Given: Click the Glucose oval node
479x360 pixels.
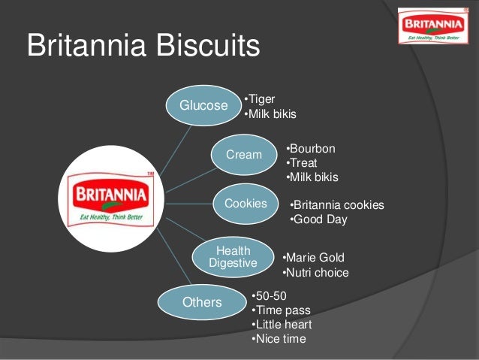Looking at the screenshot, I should click(x=203, y=106).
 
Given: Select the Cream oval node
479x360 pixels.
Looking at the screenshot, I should click(x=244, y=155).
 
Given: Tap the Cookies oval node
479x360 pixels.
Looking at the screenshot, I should click(x=246, y=204).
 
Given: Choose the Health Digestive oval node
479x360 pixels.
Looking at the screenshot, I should click(x=233, y=256).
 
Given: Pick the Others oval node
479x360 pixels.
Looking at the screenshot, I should click(x=202, y=302).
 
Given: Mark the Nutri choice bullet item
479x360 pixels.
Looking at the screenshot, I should click(x=315, y=273).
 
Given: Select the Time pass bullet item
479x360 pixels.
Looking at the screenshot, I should click(x=281, y=310).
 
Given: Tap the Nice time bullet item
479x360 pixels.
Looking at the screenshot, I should click(x=279, y=340).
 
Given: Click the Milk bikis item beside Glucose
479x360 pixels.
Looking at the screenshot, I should click(x=270, y=114).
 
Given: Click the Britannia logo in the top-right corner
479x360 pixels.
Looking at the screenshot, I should click(x=432, y=26).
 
